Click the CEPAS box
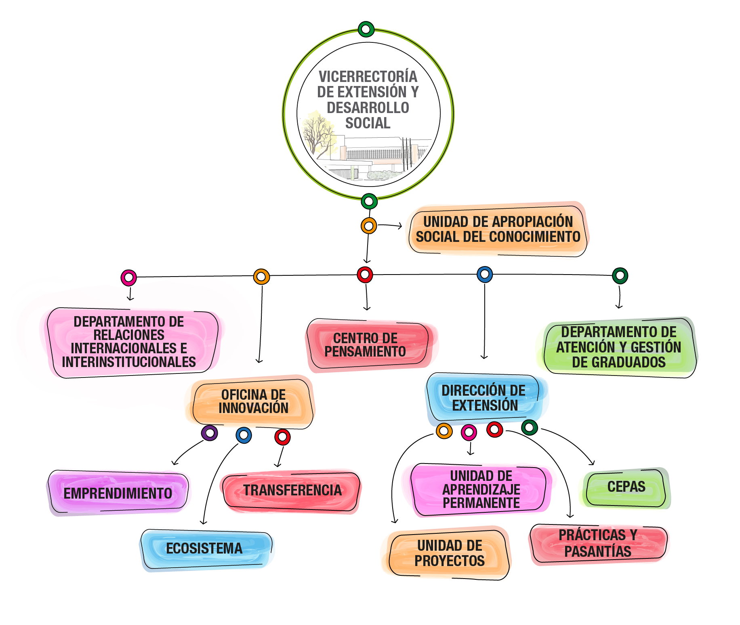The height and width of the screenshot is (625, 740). [626, 487]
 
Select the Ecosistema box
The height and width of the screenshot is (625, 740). [205, 548]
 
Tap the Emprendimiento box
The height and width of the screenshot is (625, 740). [118, 493]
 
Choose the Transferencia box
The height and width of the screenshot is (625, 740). [292, 490]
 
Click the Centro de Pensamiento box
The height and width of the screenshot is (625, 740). [366, 345]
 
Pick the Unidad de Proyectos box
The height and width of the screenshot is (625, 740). [449, 553]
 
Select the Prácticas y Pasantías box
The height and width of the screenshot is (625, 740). [598, 543]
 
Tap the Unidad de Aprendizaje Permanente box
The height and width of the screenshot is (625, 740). [481, 489]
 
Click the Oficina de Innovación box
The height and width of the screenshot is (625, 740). [253, 401]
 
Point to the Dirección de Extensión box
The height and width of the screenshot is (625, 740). [484, 398]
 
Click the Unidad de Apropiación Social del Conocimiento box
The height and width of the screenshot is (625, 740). [498, 229]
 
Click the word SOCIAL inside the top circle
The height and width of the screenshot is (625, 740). [368, 123]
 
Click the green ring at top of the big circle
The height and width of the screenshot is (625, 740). [366, 29]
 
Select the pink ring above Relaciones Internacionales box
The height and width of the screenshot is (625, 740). [129, 277]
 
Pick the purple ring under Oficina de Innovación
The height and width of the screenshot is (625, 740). [210, 433]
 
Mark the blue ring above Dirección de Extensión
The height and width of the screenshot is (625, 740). [485, 275]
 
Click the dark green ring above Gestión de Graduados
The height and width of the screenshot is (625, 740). [620, 276]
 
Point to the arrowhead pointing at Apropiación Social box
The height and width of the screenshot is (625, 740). [399, 226]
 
